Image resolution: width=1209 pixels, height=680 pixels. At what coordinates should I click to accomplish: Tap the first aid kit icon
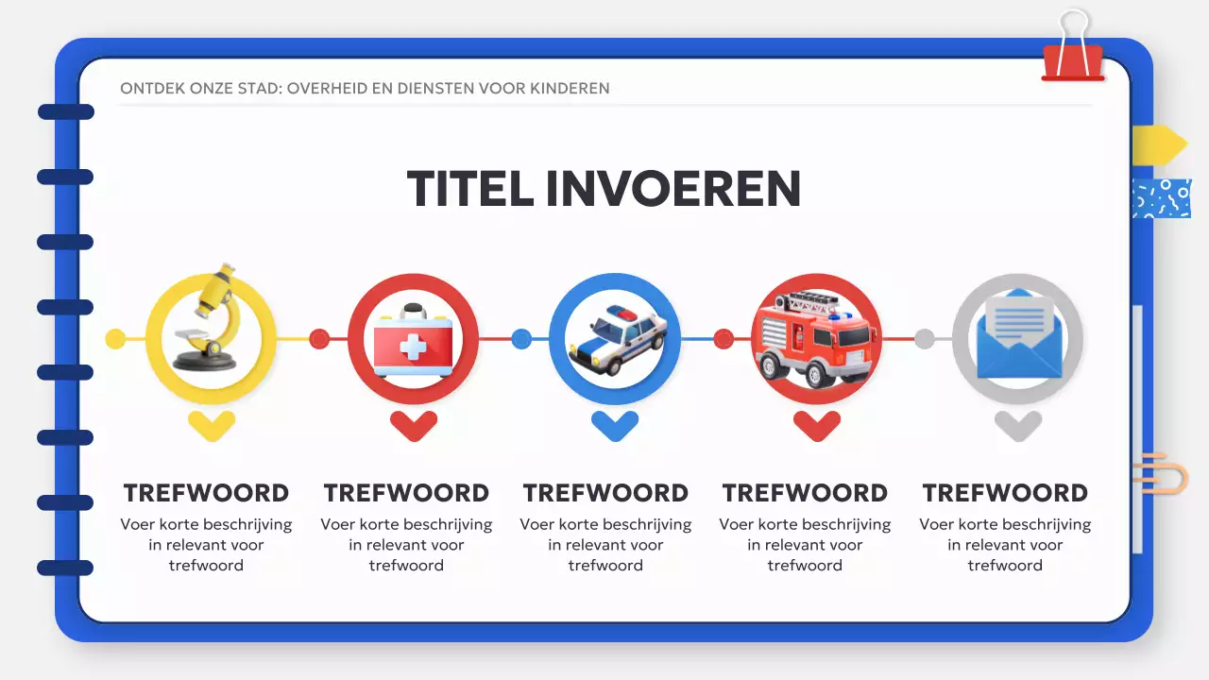click(413, 340)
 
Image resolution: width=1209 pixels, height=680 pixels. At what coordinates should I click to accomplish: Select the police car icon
click(615, 341)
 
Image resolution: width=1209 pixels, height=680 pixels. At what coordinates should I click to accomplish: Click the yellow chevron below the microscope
click(211, 425)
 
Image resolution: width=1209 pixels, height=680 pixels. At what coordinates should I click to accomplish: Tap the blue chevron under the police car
click(615, 425)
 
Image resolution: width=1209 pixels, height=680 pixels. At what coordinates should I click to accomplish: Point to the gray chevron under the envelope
click(1018, 425)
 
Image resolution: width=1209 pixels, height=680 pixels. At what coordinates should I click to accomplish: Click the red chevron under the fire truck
click(817, 425)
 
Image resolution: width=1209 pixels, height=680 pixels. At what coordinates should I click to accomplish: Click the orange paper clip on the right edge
click(1162, 472)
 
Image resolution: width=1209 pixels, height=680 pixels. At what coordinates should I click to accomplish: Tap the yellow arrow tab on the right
click(1159, 144)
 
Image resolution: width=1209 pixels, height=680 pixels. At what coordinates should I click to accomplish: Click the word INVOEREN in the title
click(673, 189)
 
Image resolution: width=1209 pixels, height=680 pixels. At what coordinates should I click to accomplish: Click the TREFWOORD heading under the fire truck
click(805, 493)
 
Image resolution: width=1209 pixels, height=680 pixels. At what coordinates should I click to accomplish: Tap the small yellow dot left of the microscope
click(115, 338)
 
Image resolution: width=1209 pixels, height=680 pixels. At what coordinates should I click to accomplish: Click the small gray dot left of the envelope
click(925, 338)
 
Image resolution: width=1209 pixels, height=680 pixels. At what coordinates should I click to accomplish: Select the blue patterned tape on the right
click(1161, 198)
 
